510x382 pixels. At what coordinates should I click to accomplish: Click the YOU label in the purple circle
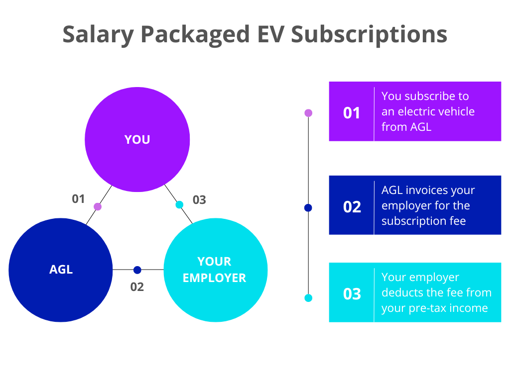(137, 140)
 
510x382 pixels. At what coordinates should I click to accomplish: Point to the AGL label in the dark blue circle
(61, 270)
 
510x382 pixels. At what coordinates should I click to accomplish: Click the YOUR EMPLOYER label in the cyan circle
(215, 270)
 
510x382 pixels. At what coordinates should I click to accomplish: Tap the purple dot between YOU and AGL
(98, 206)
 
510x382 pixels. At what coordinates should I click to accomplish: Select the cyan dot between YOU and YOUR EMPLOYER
(179, 204)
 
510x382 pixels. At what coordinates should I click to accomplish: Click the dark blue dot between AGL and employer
(137, 270)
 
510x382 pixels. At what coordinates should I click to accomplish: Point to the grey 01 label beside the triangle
(78, 199)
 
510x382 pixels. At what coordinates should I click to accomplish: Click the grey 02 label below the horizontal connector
(137, 287)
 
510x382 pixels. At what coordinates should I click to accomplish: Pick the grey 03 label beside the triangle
(199, 200)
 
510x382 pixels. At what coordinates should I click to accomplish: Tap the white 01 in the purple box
(352, 113)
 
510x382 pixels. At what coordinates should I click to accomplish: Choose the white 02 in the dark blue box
(352, 206)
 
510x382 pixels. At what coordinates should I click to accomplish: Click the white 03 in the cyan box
(352, 294)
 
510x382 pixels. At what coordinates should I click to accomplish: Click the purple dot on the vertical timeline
(308, 113)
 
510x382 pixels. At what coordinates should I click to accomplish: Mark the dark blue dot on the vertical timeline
(308, 208)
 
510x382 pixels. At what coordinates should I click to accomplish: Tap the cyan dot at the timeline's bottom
(308, 298)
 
